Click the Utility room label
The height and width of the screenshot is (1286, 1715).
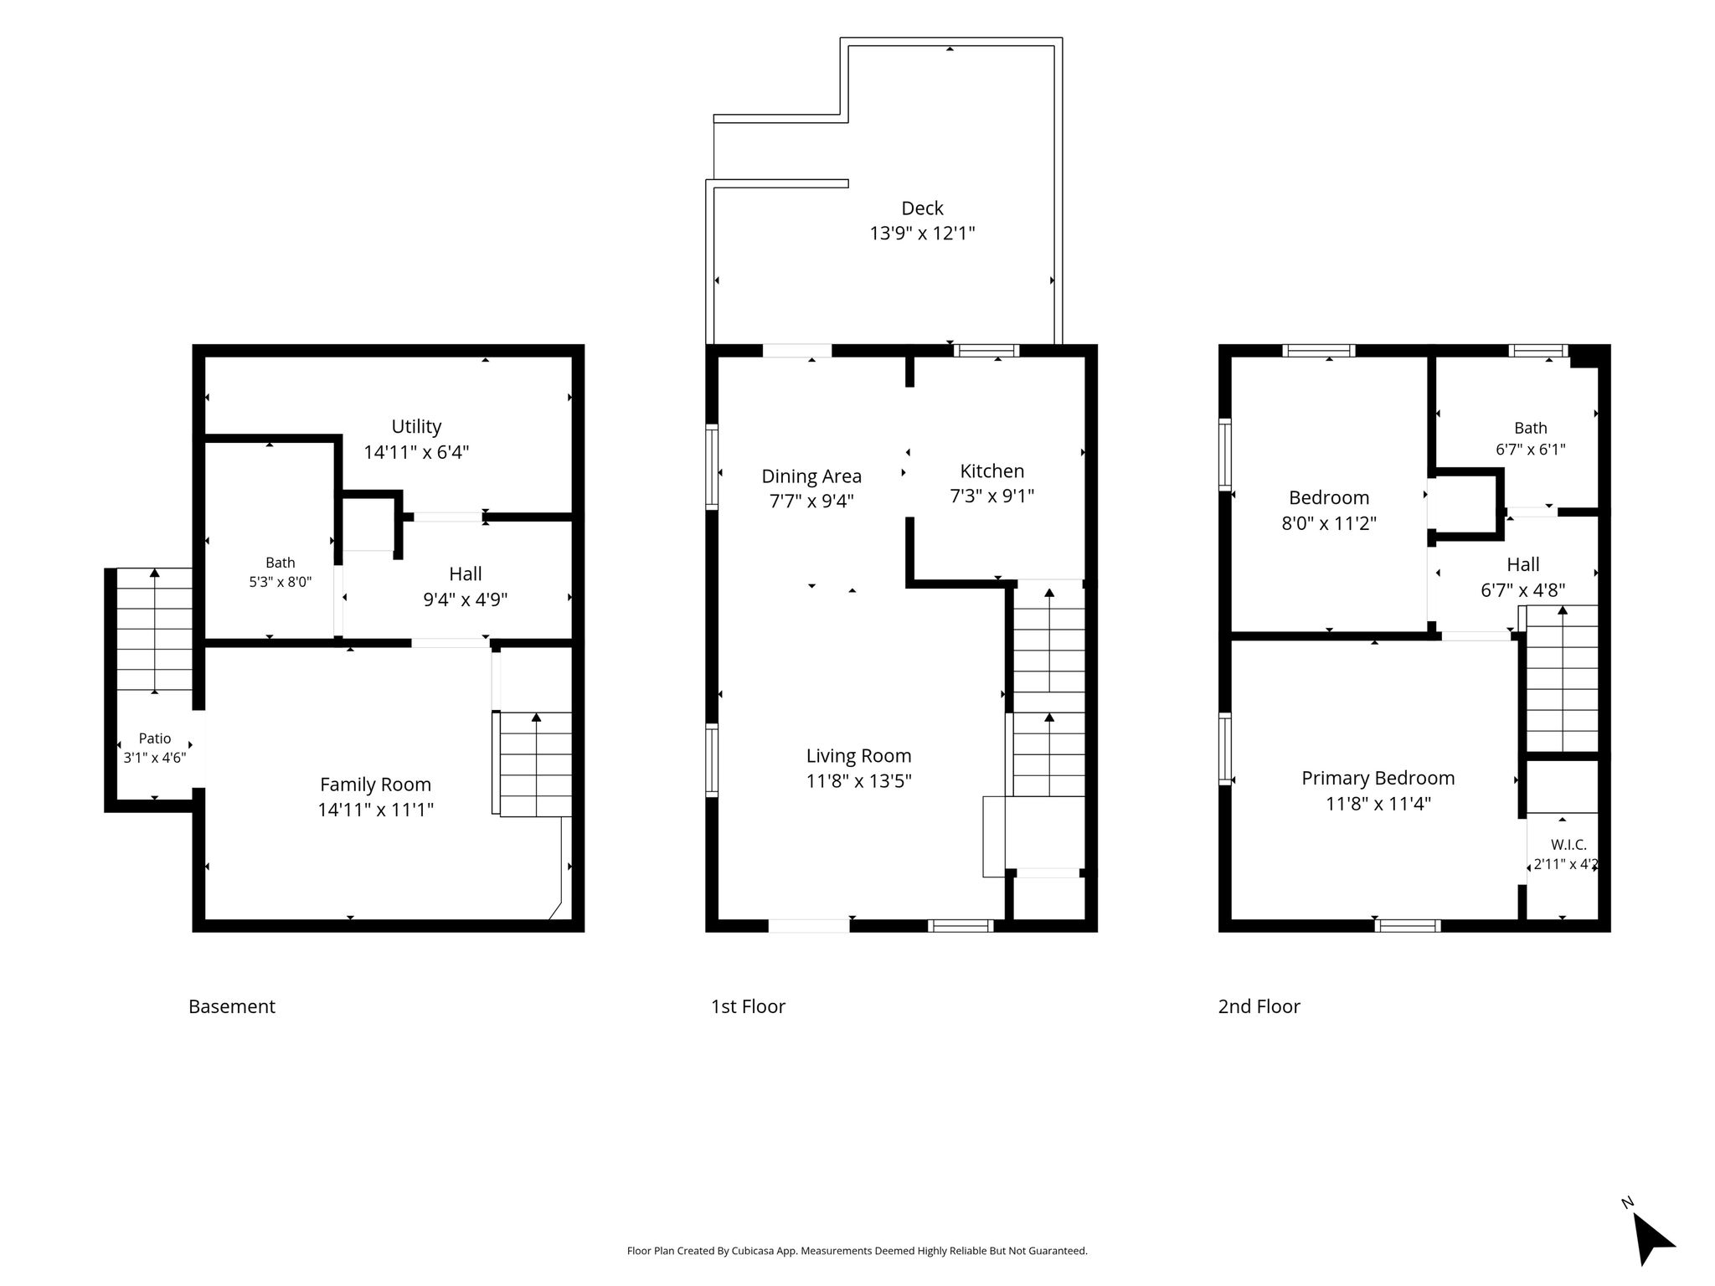click(x=416, y=427)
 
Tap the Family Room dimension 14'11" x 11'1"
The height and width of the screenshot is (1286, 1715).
click(x=375, y=810)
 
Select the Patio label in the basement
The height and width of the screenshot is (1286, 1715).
click(x=155, y=738)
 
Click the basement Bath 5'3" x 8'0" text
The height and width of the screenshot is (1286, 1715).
click(x=281, y=582)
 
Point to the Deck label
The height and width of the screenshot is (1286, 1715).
click(x=922, y=208)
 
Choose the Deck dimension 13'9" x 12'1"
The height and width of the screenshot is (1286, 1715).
click(x=922, y=234)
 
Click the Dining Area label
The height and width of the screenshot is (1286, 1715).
click(x=811, y=476)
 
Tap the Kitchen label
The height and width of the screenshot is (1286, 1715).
click(x=991, y=471)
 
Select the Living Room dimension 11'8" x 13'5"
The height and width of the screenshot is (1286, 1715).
click(x=858, y=781)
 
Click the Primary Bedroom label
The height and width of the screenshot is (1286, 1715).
click(x=1378, y=779)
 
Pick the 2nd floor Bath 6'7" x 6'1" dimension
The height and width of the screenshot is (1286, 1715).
click(x=1531, y=449)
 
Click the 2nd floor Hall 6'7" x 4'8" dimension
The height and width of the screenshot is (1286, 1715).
click(x=1522, y=590)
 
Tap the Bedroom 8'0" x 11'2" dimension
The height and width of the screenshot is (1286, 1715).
click(x=1329, y=523)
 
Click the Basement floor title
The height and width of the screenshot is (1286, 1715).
click(x=232, y=1006)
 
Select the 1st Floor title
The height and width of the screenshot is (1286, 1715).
click(x=748, y=1006)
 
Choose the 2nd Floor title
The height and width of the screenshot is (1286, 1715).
click(x=1259, y=1006)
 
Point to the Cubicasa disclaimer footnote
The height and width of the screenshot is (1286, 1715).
click(x=857, y=1251)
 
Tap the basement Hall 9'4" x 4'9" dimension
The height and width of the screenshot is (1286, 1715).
click(x=465, y=599)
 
